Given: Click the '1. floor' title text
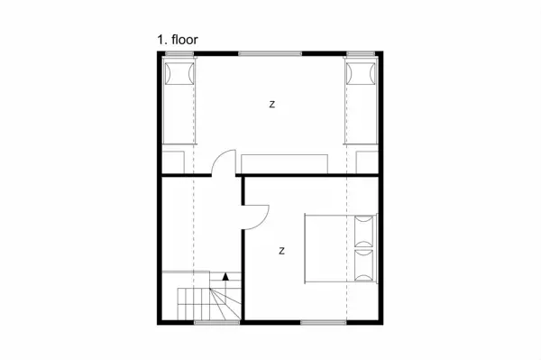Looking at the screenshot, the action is (x=178, y=40).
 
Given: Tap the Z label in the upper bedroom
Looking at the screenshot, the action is (x=272, y=105).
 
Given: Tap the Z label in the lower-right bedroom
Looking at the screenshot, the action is (x=282, y=251).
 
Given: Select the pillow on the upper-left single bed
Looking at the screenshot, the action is (x=179, y=73).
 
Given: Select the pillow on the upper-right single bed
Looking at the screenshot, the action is (x=361, y=73).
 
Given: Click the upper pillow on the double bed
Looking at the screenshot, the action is (x=364, y=231).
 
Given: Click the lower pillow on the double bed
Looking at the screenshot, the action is (x=364, y=265).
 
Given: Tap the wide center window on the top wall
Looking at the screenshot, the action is (x=270, y=53).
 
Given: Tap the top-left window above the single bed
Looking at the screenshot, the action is (x=179, y=53).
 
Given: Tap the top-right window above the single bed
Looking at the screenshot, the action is (x=361, y=53).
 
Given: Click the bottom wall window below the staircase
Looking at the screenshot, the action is (x=216, y=322).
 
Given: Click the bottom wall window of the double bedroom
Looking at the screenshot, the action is (x=324, y=322).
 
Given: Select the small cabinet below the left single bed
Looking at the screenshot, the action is (x=173, y=162).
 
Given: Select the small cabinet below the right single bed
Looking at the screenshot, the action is (x=367, y=162).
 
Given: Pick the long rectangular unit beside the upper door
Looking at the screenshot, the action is (x=284, y=164).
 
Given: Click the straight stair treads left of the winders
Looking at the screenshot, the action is (x=194, y=304).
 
